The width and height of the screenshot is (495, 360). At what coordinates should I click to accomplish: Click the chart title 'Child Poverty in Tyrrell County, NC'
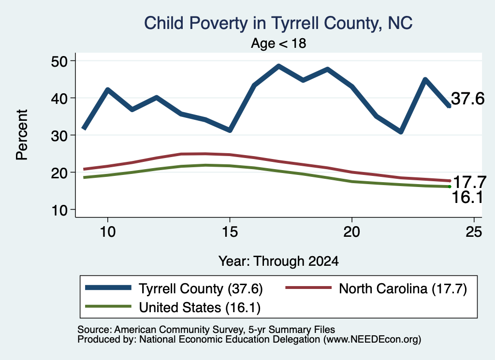(x=278, y=23)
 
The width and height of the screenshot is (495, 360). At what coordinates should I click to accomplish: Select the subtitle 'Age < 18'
(x=278, y=43)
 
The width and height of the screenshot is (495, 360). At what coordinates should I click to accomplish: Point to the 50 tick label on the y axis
(x=59, y=61)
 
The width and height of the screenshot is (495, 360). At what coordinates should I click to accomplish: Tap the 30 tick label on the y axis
(x=59, y=135)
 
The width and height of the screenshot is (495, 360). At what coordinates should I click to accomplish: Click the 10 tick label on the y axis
(x=59, y=210)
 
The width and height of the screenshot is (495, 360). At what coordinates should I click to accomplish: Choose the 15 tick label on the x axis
(x=230, y=232)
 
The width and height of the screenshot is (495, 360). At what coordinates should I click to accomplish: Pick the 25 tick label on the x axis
(x=474, y=232)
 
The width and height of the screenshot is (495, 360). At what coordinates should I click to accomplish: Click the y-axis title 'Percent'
(x=22, y=135)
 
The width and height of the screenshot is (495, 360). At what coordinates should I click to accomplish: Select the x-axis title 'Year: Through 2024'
(x=278, y=261)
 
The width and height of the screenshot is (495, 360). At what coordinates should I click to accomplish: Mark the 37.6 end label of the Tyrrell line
(x=467, y=99)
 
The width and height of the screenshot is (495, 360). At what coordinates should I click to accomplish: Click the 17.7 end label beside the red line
(x=469, y=182)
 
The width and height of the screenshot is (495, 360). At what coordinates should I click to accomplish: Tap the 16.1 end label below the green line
(x=467, y=198)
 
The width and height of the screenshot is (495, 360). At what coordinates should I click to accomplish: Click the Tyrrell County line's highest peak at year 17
(x=278, y=66)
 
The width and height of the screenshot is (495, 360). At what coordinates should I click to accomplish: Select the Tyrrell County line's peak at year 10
(x=108, y=90)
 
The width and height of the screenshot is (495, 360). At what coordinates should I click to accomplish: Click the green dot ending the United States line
(x=450, y=187)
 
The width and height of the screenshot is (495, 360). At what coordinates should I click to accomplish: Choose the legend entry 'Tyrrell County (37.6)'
(x=174, y=288)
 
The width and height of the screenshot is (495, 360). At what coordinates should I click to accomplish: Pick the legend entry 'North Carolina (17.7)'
(x=376, y=288)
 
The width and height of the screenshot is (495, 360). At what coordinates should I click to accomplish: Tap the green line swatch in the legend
(x=108, y=306)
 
